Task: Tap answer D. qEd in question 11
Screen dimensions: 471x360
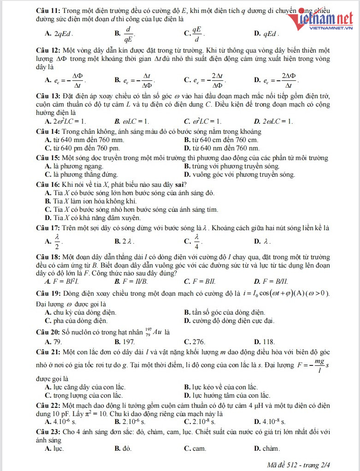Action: coord(266,34)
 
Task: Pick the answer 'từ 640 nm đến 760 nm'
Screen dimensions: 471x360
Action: coord(221,148)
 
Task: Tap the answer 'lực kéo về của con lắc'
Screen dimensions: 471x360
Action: coord(221,387)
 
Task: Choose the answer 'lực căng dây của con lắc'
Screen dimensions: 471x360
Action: coord(85,387)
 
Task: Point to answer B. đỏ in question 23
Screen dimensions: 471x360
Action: coord(123,448)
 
